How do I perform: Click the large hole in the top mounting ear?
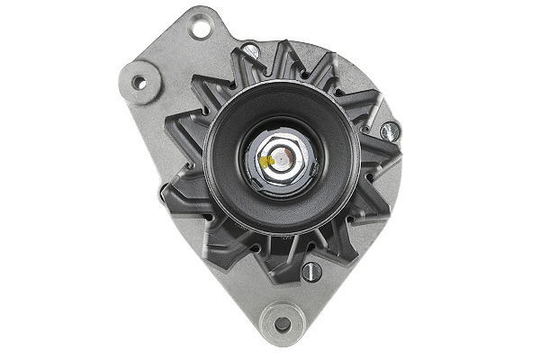pos(200,28)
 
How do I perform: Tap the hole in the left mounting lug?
pos(139,83)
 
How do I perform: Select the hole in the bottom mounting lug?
pos(282,324)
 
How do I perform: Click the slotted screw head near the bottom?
pos(312,271)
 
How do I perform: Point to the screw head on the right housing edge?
pos(389,131)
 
